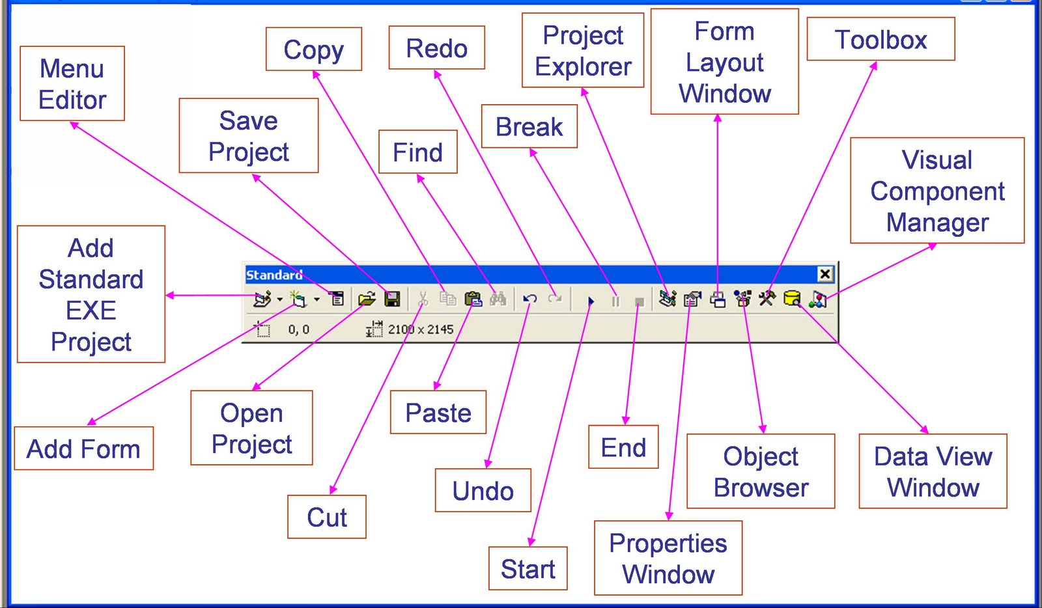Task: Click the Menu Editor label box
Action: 72,84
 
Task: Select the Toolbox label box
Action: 880,40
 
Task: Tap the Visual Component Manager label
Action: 937,191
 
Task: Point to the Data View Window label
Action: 933,471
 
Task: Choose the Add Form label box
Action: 83,449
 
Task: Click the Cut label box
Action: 327,517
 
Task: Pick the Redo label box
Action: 436,48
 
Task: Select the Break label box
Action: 529,126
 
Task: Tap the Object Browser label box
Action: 761,471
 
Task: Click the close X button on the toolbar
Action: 824,274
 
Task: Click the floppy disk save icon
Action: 392,299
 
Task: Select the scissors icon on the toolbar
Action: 423,299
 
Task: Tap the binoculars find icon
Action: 498,299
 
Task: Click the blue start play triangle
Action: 591,301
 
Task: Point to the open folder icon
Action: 367,299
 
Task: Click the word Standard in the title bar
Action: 274,275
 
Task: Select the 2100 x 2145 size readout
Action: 420,329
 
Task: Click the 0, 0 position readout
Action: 298,330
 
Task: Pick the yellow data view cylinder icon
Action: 791,299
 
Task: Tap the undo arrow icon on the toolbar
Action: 530,299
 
